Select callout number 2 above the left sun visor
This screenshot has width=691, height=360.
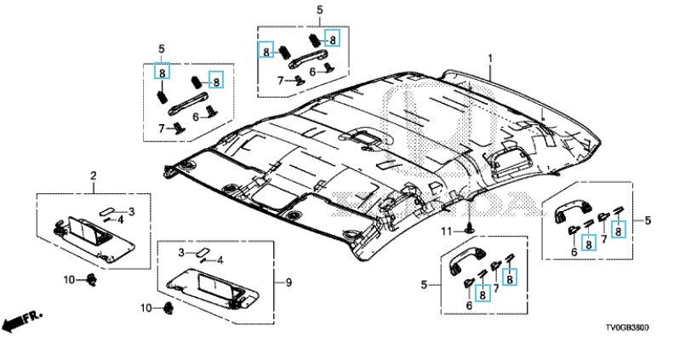coord(93,176)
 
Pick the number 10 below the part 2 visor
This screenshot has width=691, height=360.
coord(71,280)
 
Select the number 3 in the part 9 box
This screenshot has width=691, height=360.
coord(181,253)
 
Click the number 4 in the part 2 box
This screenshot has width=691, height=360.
coord(121,219)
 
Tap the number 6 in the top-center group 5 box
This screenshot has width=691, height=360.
coord(313,72)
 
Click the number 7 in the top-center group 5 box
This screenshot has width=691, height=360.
coord(280,80)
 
